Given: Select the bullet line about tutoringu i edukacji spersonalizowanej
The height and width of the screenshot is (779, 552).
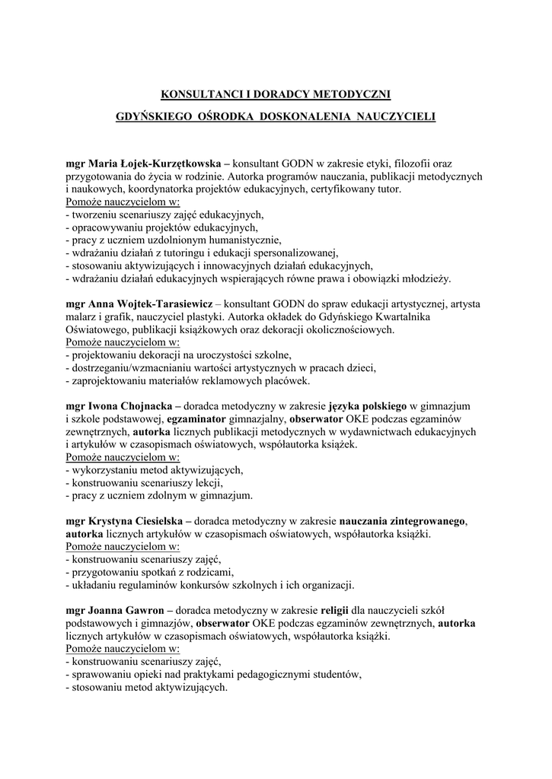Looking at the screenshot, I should point(202,253).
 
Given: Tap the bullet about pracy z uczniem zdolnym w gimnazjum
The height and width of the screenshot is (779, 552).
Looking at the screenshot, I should point(160,496).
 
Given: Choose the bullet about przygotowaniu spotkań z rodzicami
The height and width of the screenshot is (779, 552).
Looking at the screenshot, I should point(150,572).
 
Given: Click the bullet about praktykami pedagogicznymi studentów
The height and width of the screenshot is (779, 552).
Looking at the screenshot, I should point(213,674).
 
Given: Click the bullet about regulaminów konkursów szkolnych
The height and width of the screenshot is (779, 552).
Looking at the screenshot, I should point(209,585).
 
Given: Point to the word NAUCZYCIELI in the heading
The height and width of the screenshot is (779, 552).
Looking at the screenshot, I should point(393,119).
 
